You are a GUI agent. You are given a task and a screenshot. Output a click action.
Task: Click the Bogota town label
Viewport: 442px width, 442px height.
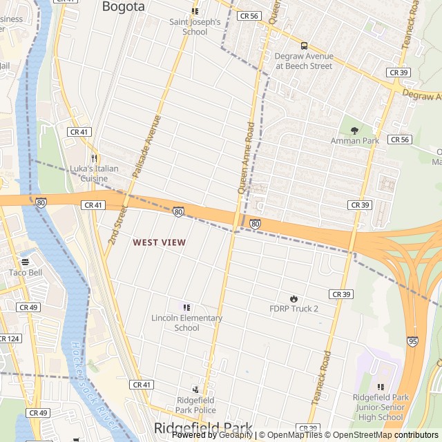[x=124, y=7]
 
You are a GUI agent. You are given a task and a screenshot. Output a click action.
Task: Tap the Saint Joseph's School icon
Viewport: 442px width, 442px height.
[x=195, y=11]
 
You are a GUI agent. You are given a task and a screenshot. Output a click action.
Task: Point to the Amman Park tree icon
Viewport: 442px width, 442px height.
[x=355, y=130]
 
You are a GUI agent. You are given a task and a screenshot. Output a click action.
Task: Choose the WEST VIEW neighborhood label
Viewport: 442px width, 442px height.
[x=159, y=242]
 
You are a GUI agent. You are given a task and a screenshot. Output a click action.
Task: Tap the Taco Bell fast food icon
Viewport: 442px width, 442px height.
[x=26, y=262]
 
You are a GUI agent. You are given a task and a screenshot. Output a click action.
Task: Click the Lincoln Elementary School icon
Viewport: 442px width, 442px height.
[x=186, y=307]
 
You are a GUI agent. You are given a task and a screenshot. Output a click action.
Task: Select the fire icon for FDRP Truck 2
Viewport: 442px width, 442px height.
[x=294, y=298]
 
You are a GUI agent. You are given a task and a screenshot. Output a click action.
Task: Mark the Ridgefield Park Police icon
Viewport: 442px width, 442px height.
[x=195, y=390]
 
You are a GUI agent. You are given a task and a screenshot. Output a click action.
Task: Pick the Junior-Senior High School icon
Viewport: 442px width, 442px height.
[x=381, y=387]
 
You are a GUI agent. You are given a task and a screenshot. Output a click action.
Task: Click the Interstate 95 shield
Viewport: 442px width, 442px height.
[x=412, y=340]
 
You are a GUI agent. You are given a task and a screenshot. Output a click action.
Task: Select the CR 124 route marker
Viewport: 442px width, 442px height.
[x=8, y=338]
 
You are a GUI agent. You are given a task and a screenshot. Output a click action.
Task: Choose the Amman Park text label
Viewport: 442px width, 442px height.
[x=355, y=141]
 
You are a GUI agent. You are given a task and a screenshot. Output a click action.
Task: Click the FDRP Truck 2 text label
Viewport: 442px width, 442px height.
[x=294, y=309]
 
